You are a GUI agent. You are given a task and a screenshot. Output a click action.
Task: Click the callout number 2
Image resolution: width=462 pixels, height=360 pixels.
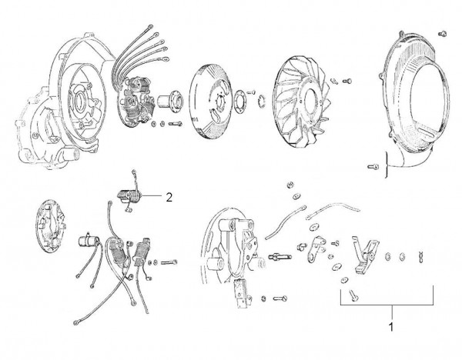tap(169, 197)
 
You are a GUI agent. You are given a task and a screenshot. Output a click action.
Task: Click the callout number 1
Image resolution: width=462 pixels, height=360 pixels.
tap(391, 326)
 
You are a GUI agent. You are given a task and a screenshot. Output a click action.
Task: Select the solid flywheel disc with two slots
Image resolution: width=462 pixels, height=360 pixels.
tap(210, 102)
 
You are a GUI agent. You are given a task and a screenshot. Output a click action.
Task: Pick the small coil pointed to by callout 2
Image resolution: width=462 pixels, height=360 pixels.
tap(129, 195)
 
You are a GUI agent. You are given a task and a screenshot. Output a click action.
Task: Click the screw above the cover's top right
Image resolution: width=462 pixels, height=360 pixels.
tap(443, 34)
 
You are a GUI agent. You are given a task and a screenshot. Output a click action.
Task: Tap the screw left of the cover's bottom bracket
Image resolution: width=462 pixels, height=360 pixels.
tap(373, 167)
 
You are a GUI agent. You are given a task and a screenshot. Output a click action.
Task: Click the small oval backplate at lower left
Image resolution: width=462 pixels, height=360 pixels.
tap(51, 226)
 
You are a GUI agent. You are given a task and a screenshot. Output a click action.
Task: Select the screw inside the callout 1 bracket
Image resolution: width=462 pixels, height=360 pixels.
tap(353, 295)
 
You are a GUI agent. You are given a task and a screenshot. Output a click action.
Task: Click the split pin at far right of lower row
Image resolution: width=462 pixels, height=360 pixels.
tap(420, 258)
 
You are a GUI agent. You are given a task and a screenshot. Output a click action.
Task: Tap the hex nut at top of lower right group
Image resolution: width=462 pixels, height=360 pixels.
tap(290, 185)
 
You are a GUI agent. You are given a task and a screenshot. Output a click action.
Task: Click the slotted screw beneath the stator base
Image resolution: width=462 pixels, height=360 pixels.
tap(280, 298)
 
